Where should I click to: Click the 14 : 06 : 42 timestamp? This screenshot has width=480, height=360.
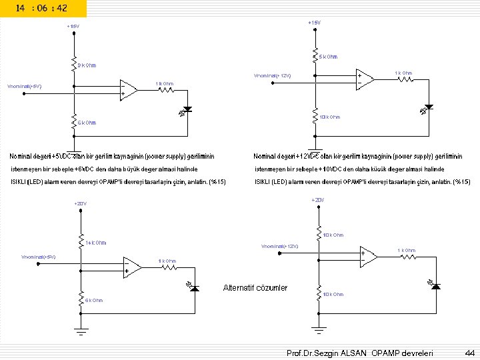(43, 7)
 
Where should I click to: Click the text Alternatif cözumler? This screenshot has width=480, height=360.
(255, 287)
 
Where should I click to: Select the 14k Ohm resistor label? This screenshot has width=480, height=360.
(95, 243)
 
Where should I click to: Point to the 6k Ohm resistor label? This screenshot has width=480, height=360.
(94, 301)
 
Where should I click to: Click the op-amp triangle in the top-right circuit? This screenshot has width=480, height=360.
(365, 78)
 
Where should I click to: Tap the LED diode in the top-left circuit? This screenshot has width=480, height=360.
(187, 109)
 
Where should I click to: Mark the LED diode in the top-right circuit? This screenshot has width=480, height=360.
(429, 107)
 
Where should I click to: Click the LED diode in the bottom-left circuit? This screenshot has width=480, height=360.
(194, 287)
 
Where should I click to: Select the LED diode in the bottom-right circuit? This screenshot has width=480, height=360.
(436, 285)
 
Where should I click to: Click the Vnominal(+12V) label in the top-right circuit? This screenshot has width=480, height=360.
(271, 75)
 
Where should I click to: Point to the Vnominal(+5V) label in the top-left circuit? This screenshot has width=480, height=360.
(25, 86)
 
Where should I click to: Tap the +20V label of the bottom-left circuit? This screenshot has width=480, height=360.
(80, 203)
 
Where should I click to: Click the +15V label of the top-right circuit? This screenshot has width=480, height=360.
(313, 23)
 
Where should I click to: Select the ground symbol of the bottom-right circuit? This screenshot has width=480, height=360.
(319, 328)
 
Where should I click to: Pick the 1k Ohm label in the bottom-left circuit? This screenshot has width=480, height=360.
(167, 261)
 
